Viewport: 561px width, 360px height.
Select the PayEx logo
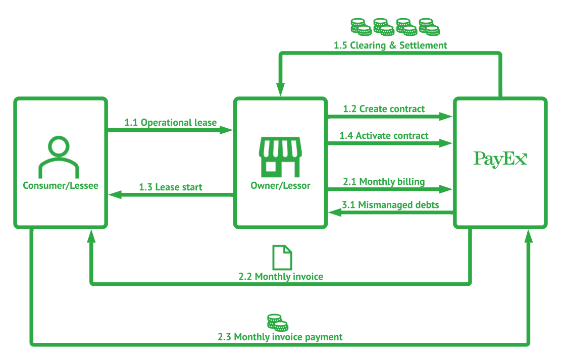pyautogui.click(x=500, y=159)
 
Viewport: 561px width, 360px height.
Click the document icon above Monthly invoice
pyautogui.click(x=282, y=258)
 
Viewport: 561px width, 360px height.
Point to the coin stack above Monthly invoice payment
pyautogui.click(x=278, y=323)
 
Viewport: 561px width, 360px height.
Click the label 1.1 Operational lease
pyautogui.click(x=170, y=123)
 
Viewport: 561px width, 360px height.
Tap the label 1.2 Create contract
pyautogui.click(x=384, y=109)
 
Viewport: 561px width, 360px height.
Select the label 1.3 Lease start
pyautogui.click(x=170, y=187)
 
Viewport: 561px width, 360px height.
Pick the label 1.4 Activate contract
pyautogui.click(x=384, y=136)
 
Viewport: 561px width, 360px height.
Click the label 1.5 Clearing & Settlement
pyautogui.click(x=390, y=45)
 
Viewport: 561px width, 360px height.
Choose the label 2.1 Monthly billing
pyautogui.click(x=384, y=182)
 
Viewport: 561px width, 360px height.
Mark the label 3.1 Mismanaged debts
pyautogui.click(x=390, y=205)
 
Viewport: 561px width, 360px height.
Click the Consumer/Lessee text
pyautogui.click(x=61, y=185)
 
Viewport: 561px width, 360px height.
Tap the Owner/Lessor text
pyautogui.click(x=281, y=185)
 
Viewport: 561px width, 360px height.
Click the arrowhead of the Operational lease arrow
pyautogui.click(x=226, y=130)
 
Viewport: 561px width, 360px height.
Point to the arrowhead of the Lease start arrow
pyautogui.click(x=115, y=195)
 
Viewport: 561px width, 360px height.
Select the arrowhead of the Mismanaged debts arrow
pyautogui.click(x=335, y=213)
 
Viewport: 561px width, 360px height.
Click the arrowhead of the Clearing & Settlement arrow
pyautogui.click(x=281, y=89)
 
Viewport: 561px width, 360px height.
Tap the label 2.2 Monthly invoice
pyautogui.click(x=281, y=277)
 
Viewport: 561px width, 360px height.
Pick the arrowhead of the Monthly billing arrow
pyautogui.click(x=446, y=189)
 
